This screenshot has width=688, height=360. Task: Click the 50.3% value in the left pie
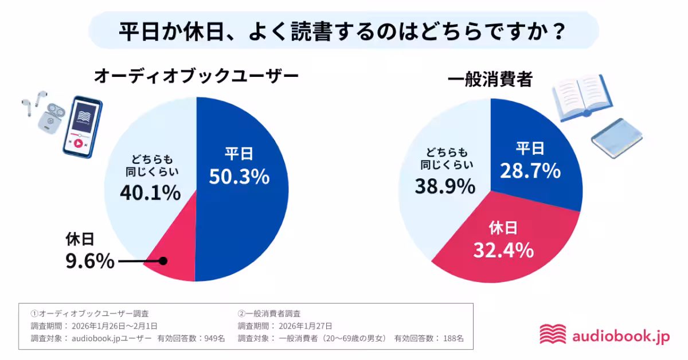click(239, 177)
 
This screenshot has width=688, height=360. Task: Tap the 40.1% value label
click(150, 194)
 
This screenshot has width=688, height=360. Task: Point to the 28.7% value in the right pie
click(530, 170)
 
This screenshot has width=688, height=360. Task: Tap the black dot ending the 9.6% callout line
click(163, 261)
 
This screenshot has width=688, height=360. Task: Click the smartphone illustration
click(82, 127)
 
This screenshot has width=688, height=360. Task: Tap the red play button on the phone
click(77, 143)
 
